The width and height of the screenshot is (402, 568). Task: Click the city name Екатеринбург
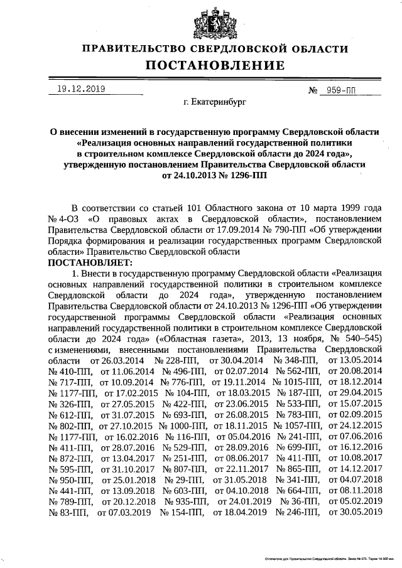[x=214, y=100]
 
